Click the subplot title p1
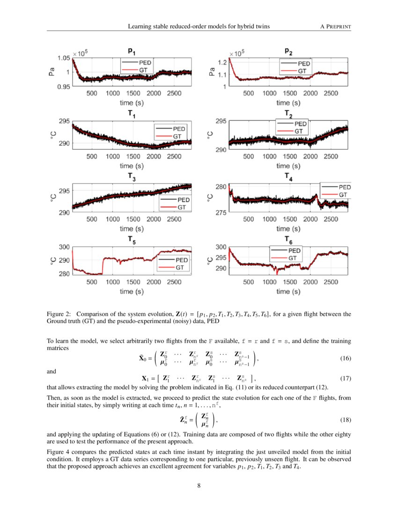132,50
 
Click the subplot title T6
288,239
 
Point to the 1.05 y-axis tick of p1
64,58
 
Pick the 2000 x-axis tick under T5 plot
154,282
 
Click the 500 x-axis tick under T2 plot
249,156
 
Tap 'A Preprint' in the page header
335,27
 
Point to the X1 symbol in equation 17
145,378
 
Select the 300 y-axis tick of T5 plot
64,247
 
